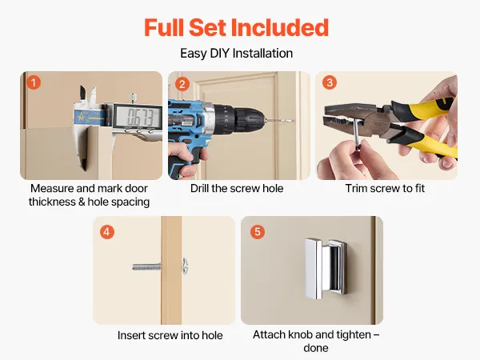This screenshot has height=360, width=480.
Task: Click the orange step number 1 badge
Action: [34, 82]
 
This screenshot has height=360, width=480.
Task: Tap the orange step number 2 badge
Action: [182, 84]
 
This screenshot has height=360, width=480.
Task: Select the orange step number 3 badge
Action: [330, 82]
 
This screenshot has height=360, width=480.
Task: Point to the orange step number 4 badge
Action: [107, 232]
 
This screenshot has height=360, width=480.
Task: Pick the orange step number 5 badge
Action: [258, 232]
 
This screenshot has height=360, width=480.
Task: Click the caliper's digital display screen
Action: [138, 116]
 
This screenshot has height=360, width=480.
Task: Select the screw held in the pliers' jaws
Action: [356, 134]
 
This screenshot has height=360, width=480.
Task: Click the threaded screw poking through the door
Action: [146, 267]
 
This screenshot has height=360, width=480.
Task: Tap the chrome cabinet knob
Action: [326, 269]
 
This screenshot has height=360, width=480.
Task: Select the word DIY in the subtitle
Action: [219, 54]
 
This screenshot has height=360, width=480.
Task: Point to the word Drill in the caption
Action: [199, 188]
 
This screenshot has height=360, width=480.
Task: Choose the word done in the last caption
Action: [316, 348]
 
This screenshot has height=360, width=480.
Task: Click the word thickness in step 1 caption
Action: [52, 202]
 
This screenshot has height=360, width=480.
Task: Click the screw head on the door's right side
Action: [185, 266]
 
